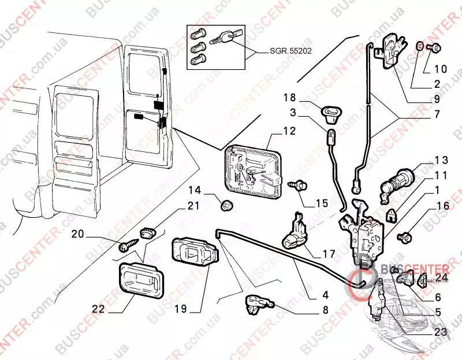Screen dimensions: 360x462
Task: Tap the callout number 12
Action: (289, 131)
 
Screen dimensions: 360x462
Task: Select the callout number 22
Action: (98, 309)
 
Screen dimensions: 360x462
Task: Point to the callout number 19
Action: (181, 309)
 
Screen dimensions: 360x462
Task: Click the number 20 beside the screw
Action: (78, 234)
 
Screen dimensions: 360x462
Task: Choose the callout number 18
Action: (289, 97)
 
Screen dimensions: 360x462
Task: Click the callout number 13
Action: (441, 160)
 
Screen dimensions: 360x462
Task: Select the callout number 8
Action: (325, 310)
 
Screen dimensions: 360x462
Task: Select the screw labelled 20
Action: (126, 246)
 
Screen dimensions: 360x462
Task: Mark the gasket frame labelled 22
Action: (140, 281)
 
